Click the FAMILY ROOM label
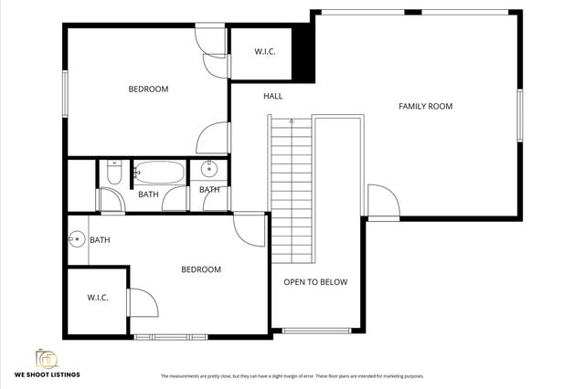point(425,107)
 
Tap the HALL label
point(272,96)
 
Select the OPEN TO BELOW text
point(315,282)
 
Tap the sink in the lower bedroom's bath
point(75,240)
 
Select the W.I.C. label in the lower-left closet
point(98,298)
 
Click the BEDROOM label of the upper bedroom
point(147,89)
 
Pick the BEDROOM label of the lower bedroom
point(200,269)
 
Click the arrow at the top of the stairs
point(291,121)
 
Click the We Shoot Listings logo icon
point(46,358)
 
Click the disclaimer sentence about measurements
point(292,376)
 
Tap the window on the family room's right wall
point(519,116)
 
